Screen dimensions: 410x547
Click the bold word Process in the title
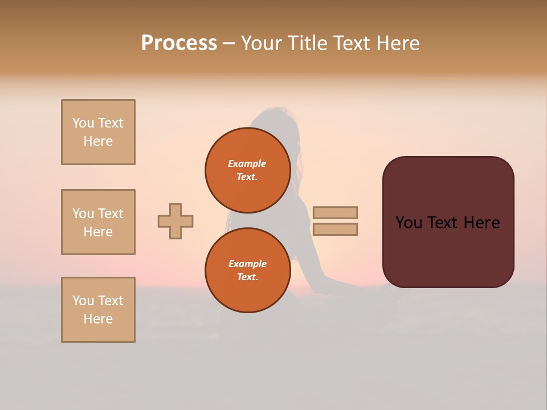(179, 43)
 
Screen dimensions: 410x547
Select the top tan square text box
(98, 132)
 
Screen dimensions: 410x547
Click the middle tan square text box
(98, 222)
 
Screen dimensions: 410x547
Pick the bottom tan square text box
(98, 310)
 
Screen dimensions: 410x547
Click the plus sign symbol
(175, 221)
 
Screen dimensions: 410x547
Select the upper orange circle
(248, 170)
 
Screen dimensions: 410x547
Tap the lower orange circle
(248, 270)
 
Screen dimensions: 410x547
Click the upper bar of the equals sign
(335, 213)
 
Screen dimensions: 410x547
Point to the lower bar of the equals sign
(335, 229)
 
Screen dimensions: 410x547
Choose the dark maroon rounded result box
(448, 222)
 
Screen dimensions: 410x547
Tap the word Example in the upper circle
(247, 163)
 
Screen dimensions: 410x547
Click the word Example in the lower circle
(247, 264)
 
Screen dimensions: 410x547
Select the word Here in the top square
(98, 141)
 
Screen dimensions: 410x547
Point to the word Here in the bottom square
(98, 319)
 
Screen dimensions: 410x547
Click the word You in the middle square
(83, 214)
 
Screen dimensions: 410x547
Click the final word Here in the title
(397, 43)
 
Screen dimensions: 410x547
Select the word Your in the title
(263, 43)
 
